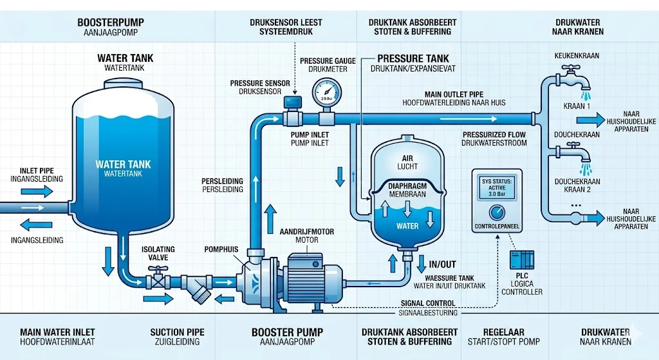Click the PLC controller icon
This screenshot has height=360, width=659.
[519, 260]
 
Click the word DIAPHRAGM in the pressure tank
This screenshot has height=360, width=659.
[408, 185]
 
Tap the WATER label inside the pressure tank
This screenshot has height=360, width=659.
[407, 226]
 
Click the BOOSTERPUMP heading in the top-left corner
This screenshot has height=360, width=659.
[110, 23]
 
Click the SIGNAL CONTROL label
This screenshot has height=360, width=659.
[428, 303]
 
